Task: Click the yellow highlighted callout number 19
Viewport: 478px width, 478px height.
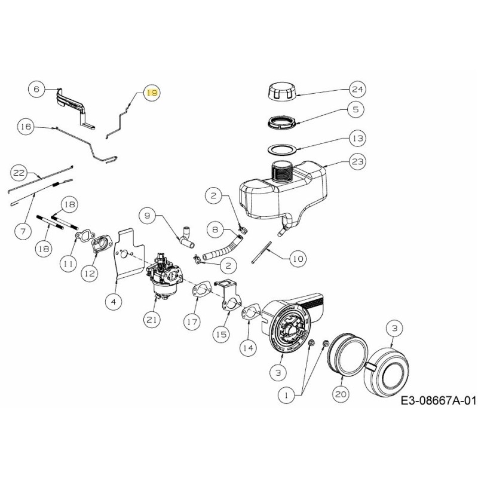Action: [x=152, y=93]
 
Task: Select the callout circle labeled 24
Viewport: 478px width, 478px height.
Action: [x=357, y=90]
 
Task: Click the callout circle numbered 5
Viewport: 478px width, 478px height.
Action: [x=357, y=110]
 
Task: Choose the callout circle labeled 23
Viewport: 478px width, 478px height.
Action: [x=358, y=161]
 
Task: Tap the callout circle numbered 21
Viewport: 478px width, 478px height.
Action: [x=152, y=320]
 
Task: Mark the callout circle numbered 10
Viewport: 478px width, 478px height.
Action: [x=298, y=258]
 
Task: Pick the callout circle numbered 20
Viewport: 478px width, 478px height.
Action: [x=341, y=394]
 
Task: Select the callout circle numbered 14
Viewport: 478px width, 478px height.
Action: [x=247, y=347]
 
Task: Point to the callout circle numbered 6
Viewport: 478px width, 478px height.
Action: [x=36, y=89]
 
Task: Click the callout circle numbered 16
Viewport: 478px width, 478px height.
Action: [x=25, y=127]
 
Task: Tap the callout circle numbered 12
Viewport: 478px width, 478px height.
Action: [x=89, y=273]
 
